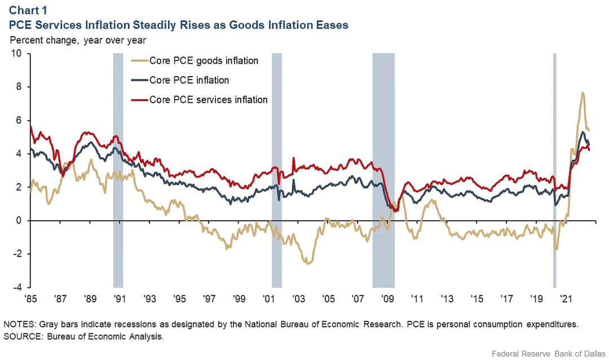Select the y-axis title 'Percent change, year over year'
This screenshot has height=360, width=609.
tap(78, 40)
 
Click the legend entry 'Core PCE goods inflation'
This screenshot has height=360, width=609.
tap(204, 61)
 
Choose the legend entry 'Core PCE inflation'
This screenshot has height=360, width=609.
tap(189, 81)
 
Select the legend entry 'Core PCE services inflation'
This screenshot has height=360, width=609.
tap(208, 100)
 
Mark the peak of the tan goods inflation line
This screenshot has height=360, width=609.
tap(582, 93)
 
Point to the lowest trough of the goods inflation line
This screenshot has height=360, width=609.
tap(308, 264)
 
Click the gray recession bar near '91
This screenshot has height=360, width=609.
tap(118, 169)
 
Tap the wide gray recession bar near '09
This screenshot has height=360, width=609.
tap(383, 169)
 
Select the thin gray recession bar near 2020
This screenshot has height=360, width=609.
tap(554, 169)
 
